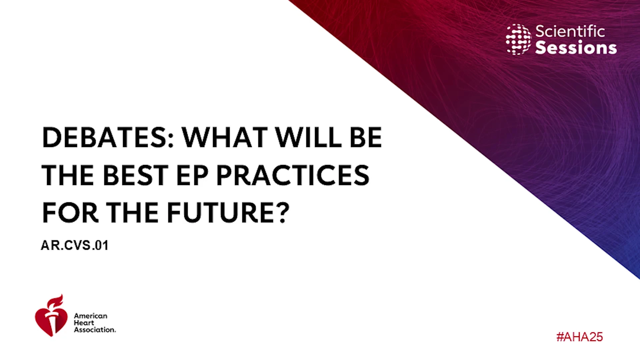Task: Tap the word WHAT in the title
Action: click(x=224, y=137)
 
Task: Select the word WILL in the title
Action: click(x=308, y=137)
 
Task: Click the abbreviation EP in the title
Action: click(x=192, y=175)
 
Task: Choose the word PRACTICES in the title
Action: click(x=293, y=175)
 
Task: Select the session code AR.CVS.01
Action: click(x=75, y=245)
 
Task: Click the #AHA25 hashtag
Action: click(x=580, y=337)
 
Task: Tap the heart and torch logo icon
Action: click(x=51, y=316)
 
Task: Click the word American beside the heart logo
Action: click(x=91, y=316)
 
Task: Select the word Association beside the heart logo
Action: click(x=95, y=330)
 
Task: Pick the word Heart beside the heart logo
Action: click(x=84, y=323)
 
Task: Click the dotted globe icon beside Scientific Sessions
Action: click(x=518, y=39)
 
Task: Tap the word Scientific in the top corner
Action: click(x=570, y=32)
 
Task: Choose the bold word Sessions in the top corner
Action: click(x=576, y=48)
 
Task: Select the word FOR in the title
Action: click(x=70, y=212)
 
